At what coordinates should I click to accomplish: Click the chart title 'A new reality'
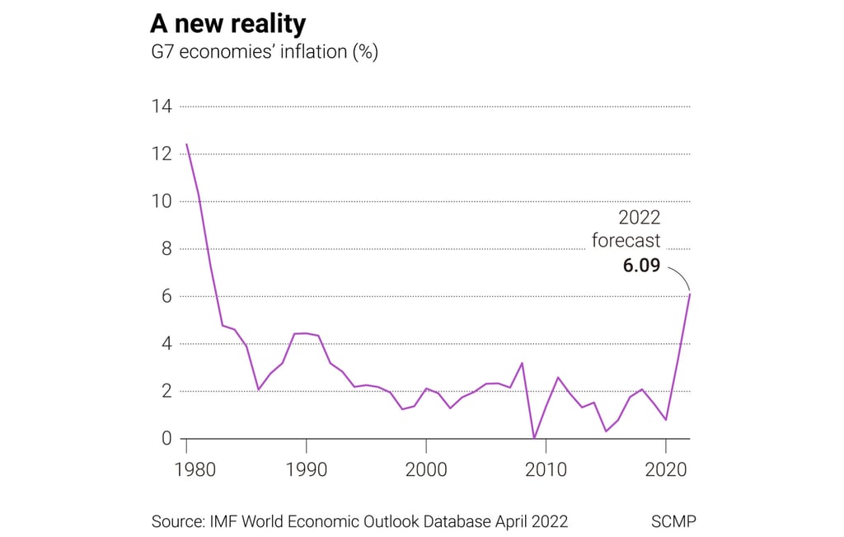pos(227,23)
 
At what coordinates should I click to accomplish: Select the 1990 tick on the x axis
pos(307,470)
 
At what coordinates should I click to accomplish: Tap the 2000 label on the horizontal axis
pos(426,470)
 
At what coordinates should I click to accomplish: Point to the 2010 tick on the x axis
pos(546,470)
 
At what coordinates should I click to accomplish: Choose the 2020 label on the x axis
pos(665,470)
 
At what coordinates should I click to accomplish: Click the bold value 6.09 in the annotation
pos(640,266)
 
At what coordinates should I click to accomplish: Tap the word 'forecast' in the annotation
pos(626,242)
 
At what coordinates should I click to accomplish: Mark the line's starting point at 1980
pos(187,144)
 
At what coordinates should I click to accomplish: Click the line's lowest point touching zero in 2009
pos(534,438)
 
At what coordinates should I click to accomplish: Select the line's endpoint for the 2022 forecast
pos(690,294)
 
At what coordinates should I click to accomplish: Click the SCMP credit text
pos(673,521)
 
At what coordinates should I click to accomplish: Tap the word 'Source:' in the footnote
pos(178,521)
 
